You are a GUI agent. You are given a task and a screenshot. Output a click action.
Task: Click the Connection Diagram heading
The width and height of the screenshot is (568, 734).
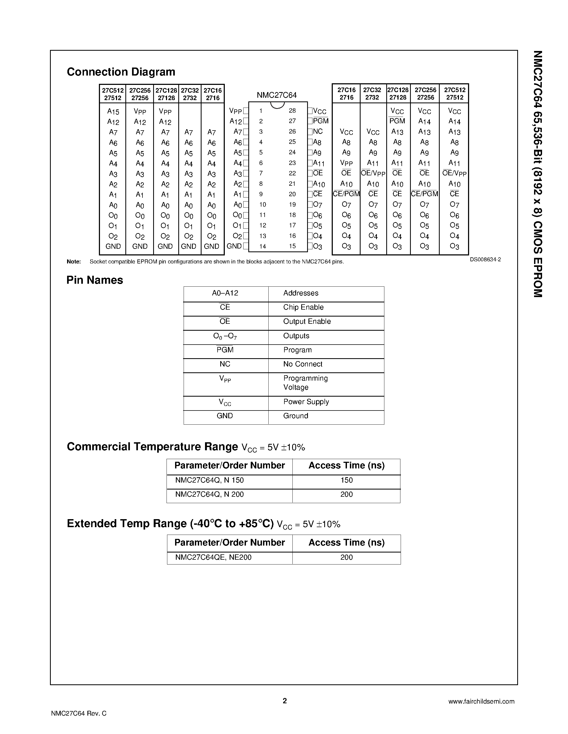tap(121, 72)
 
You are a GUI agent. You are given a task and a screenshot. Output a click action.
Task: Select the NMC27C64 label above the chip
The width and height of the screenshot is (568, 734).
tap(277, 95)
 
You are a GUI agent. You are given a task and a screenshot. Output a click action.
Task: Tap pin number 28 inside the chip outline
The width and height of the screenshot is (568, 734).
tap(292, 111)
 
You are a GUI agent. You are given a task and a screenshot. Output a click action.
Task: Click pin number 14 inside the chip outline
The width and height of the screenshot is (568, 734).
tap(262, 246)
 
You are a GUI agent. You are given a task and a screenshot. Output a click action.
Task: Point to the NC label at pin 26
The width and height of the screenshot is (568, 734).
tap(318, 131)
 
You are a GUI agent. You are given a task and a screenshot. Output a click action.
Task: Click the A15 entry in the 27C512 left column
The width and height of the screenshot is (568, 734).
tap(113, 112)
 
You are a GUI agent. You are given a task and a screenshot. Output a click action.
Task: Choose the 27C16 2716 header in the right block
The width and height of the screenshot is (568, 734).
tap(346, 94)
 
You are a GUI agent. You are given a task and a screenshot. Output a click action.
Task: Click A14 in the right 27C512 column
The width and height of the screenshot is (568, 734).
tap(454, 121)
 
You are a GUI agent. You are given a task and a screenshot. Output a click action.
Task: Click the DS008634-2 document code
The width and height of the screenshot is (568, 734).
tap(485, 259)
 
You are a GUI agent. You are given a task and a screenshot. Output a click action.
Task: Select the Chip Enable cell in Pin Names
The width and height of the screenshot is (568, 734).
tap(303, 307)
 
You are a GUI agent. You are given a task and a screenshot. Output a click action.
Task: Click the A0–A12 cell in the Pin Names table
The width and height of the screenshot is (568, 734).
tap(225, 293)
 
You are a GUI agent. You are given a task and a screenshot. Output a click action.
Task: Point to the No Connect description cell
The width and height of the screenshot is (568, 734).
tap(303, 364)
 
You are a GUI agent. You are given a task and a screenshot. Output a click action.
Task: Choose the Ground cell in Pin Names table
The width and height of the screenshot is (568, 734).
tap(295, 416)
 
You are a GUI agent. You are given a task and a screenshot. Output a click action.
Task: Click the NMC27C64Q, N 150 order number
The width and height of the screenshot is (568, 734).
tap(209, 480)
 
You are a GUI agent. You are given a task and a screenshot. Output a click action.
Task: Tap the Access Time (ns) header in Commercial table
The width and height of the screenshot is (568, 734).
tap(346, 465)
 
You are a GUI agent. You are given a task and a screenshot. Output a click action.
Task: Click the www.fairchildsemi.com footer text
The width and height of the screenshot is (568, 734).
tap(481, 701)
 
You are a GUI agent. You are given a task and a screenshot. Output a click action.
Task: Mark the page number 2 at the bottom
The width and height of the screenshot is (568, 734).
tap(285, 701)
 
